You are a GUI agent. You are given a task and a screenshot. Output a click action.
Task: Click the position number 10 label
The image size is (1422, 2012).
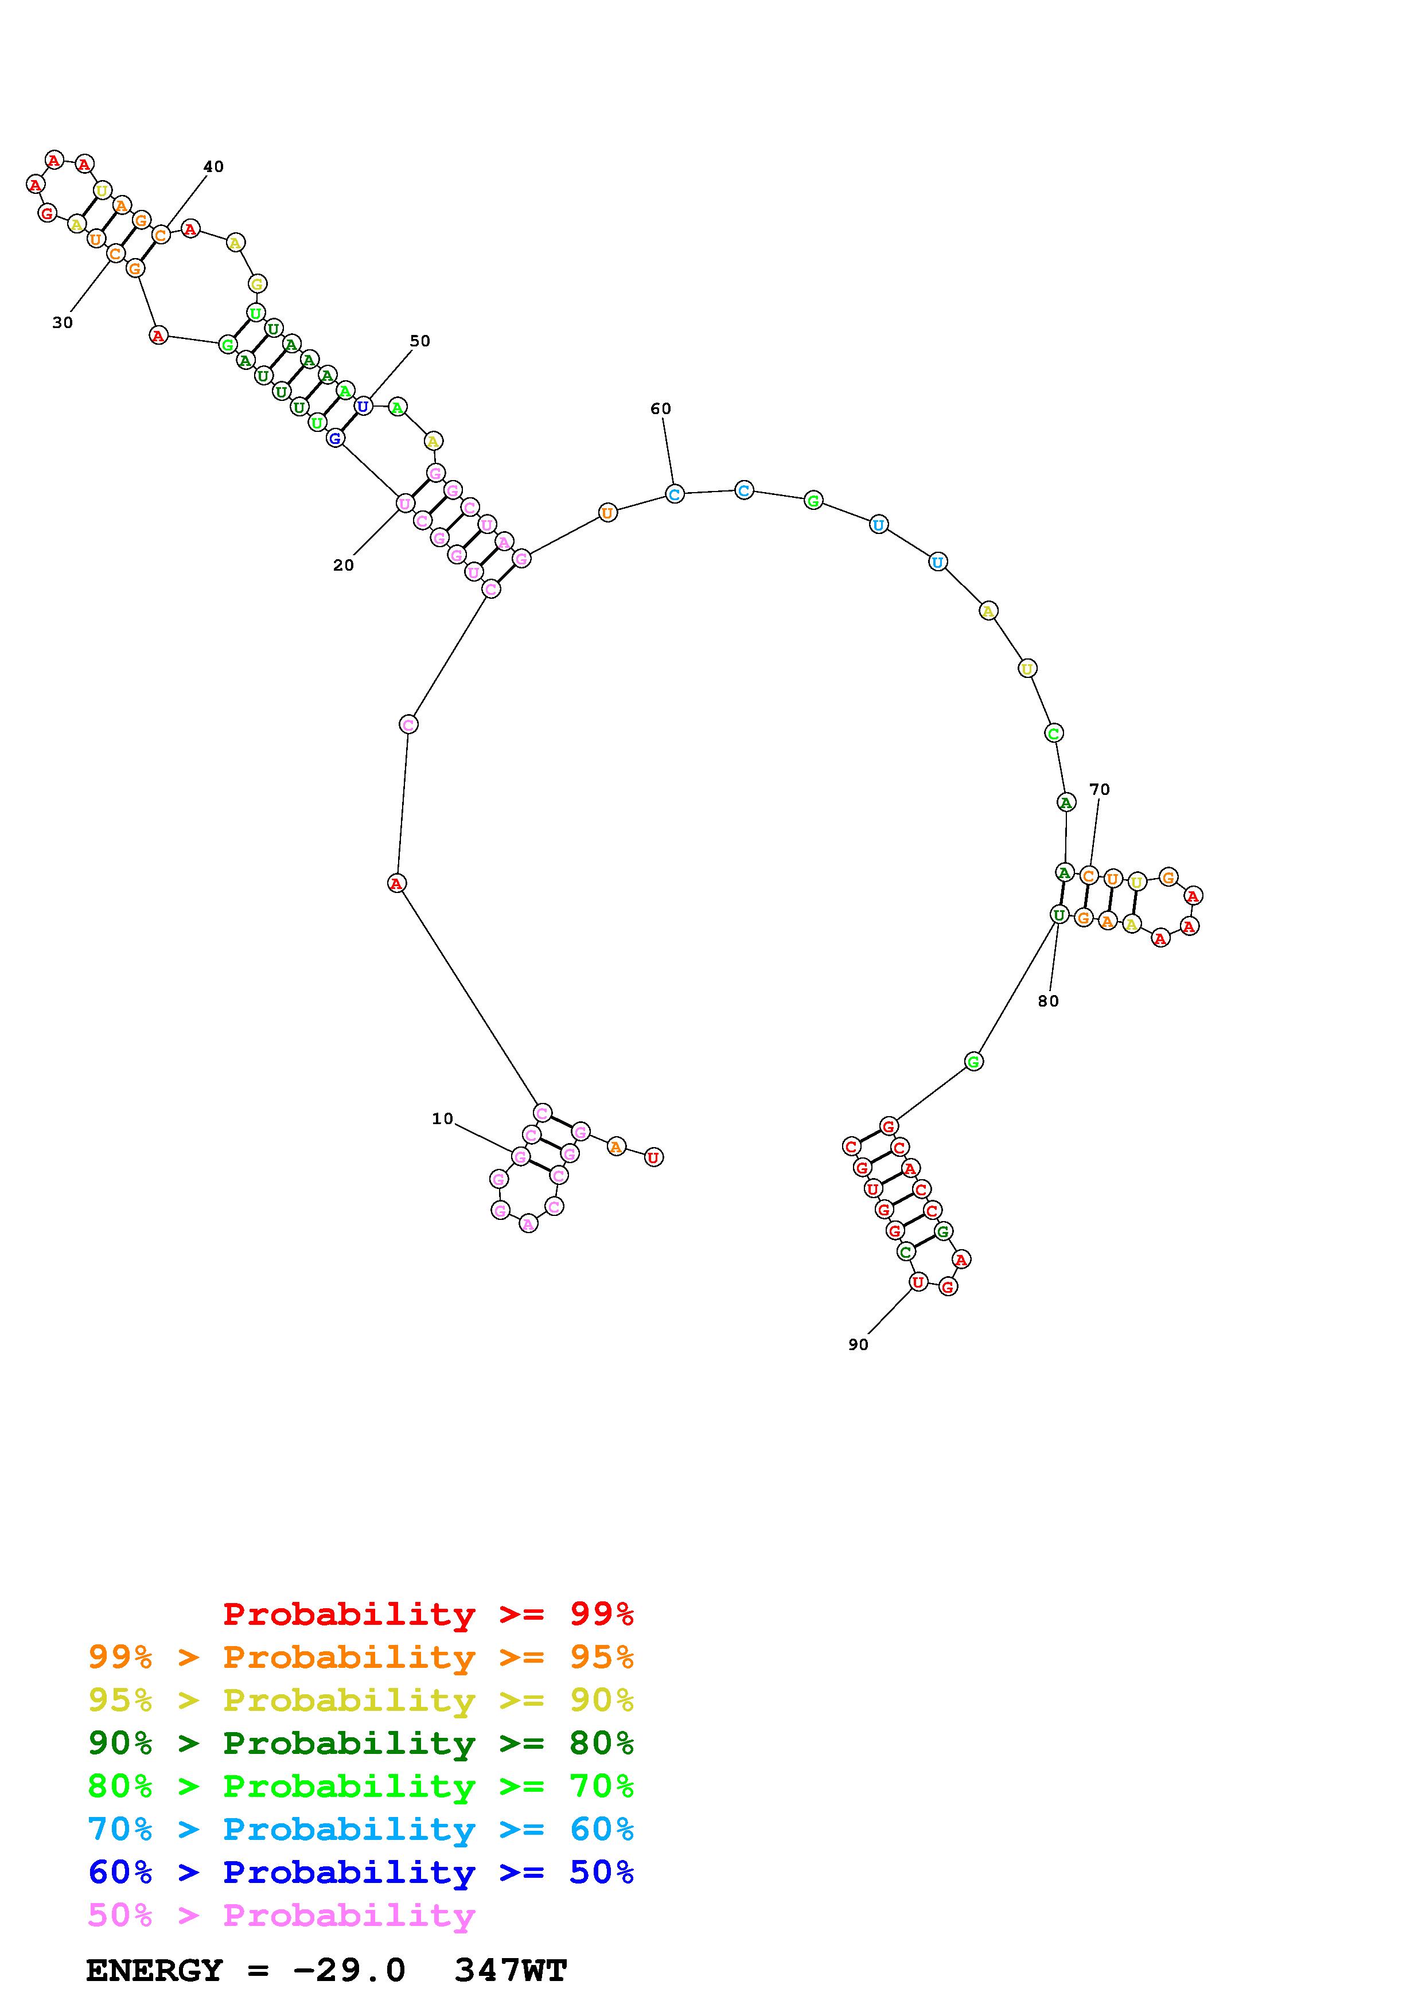(x=442, y=1118)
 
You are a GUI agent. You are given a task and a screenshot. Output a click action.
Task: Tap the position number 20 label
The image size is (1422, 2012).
(x=344, y=565)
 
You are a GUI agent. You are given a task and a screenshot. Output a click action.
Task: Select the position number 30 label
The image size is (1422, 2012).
(x=62, y=322)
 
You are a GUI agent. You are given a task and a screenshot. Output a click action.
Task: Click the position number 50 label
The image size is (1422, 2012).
(x=420, y=341)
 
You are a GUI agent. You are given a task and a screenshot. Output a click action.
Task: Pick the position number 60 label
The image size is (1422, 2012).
(x=661, y=408)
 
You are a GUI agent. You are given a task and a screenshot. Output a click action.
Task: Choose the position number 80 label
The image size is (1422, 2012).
(x=1048, y=1001)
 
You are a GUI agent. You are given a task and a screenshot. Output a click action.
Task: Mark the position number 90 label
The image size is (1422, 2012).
(x=858, y=1344)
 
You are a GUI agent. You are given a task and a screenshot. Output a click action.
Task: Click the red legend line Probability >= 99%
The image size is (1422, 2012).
(x=428, y=1614)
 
